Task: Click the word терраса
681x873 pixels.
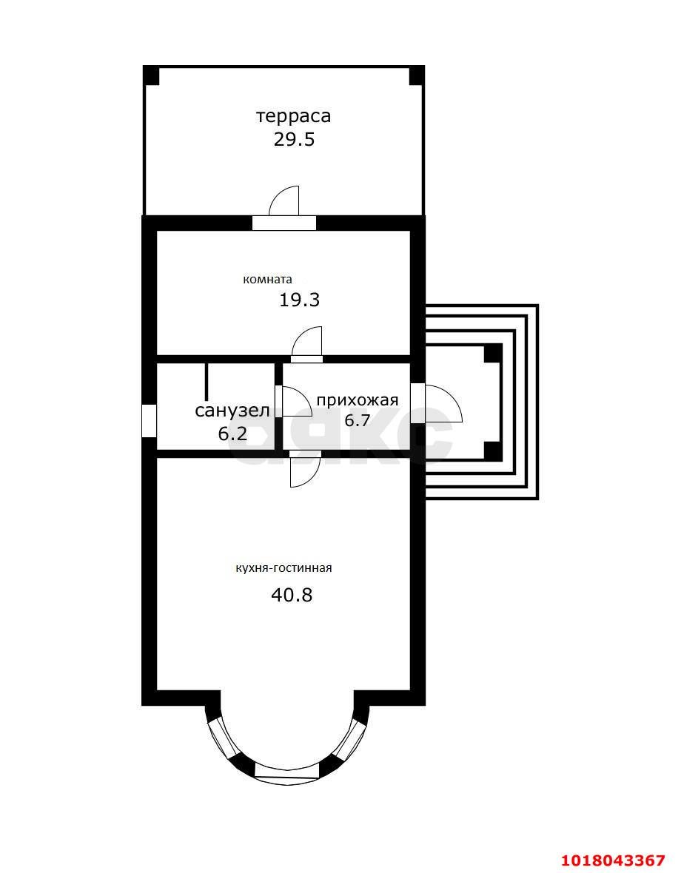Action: click(x=293, y=116)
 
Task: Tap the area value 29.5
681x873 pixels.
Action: click(x=294, y=139)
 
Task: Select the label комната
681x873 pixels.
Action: click(x=267, y=280)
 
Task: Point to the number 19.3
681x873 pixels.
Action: click(x=300, y=300)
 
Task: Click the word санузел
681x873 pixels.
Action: click(x=232, y=411)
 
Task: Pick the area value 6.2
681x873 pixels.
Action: click(x=232, y=433)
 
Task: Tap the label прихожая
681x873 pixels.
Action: click(x=358, y=400)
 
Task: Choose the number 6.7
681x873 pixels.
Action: click(x=358, y=419)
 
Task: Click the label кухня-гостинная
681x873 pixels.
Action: click(x=284, y=568)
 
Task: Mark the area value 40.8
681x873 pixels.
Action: click(x=292, y=595)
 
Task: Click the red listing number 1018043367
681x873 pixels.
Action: click(x=612, y=860)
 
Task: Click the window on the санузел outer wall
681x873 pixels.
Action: click(x=150, y=422)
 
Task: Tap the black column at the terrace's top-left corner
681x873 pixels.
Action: click(x=152, y=75)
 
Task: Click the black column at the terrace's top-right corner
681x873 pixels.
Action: click(x=417, y=75)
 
